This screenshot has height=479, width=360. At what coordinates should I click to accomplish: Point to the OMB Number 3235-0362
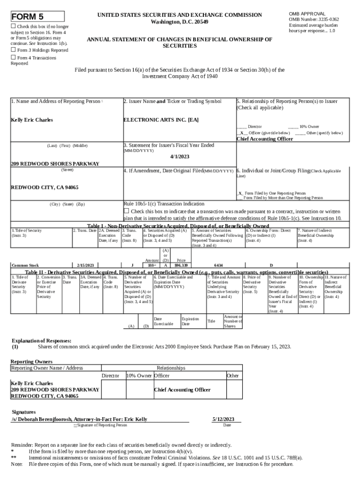(x=320, y=19)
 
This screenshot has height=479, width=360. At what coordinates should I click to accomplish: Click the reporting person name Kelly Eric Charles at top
(x=32, y=120)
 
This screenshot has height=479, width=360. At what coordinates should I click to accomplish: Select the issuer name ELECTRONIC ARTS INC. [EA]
(x=161, y=120)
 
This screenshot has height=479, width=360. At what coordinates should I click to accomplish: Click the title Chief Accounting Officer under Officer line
(x=265, y=139)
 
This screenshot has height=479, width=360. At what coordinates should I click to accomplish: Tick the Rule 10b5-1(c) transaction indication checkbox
(x=126, y=211)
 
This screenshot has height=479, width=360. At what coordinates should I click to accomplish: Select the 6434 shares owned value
(x=218, y=265)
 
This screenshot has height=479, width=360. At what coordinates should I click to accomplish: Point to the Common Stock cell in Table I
(x=25, y=265)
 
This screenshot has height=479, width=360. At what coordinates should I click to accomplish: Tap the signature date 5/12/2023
(x=223, y=419)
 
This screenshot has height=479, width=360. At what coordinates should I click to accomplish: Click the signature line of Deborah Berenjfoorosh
(x=79, y=419)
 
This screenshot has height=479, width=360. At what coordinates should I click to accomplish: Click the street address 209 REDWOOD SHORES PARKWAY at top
(x=55, y=164)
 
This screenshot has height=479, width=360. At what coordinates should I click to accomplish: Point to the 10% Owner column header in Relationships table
(x=139, y=376)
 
